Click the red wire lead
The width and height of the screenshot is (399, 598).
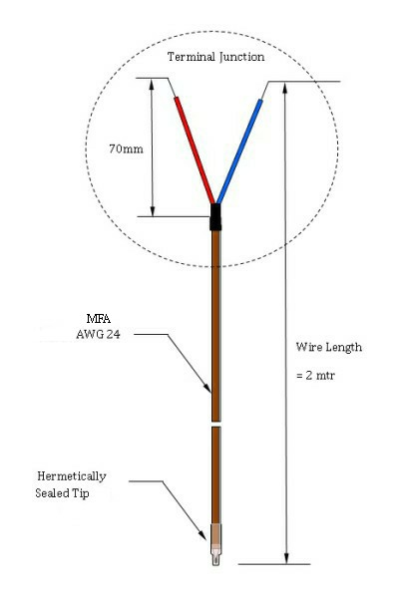195,150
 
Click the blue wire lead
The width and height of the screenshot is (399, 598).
239,151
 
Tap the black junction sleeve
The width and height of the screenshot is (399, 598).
215,217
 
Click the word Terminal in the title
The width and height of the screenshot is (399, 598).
192,57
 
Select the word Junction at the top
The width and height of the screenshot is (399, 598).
241,58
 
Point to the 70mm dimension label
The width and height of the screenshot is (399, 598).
126,149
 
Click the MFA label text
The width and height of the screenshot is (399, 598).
99,319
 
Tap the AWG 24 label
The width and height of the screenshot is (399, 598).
98,335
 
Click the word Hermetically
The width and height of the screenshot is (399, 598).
72,476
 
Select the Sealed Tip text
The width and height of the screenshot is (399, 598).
62,493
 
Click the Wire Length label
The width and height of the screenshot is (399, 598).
329,348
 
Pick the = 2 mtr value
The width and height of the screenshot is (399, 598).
315,376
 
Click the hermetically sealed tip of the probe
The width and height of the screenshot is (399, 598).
216,544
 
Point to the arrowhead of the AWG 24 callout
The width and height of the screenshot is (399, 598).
207,388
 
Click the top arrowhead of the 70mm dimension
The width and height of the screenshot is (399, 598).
152,84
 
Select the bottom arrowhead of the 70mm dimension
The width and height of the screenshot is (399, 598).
153,211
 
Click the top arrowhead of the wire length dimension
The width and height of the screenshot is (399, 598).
284,87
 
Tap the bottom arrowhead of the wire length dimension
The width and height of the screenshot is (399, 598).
286,558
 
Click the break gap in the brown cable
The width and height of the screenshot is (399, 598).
216,425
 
